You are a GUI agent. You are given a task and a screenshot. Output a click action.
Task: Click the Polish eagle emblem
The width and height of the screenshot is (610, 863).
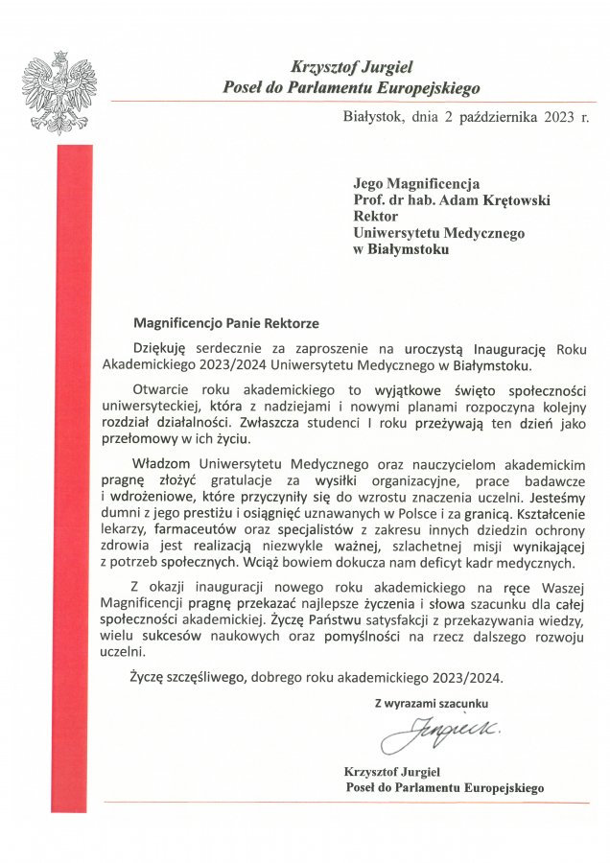point(60,93)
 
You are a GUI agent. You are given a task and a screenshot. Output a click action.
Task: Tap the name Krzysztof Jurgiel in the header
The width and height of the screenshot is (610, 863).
point(350,67)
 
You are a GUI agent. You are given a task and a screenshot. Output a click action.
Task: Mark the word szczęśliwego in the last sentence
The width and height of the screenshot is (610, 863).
point(205,677)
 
